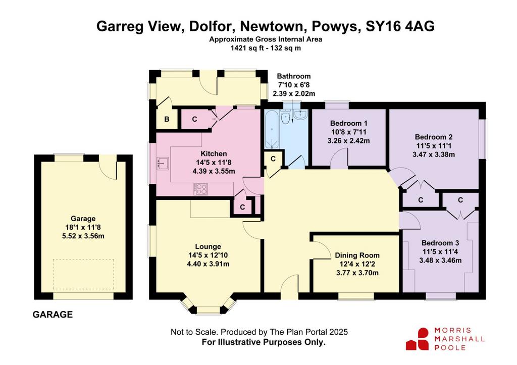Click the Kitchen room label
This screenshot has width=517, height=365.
click(x=214, y=153)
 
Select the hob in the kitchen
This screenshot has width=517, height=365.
click(x=200, y=189)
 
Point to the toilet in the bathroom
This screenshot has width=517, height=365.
click(x=286, y=117)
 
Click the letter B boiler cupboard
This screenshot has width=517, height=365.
click(x=167, y=119)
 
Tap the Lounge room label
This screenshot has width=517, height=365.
click(x=208, y=247)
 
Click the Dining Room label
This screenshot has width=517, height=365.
click(x=357, y=255)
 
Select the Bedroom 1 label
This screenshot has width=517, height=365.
click(x=348, y=123)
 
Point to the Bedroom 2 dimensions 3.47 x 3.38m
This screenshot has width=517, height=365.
click(x=434, y=154)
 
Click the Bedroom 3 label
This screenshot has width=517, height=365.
click(x=440, y=243)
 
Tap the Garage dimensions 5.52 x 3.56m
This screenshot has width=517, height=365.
click(x=83, y=236)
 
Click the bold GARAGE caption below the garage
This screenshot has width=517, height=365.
click(x=53, y=315)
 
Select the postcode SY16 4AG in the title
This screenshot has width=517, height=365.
click(x=400, y=26)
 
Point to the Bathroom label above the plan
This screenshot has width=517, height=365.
click(x=294, y=76)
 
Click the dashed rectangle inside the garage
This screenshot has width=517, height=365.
click(x=83, y=274)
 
